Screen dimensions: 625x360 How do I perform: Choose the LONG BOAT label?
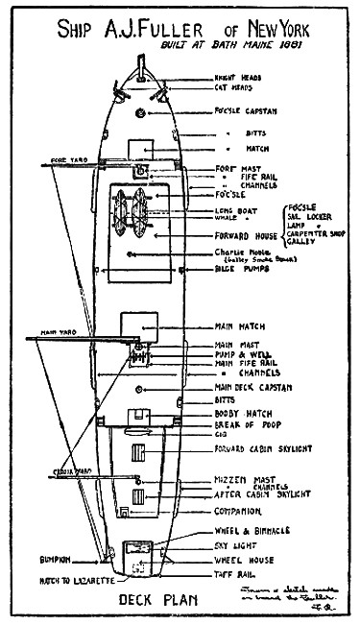[234, 210]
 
